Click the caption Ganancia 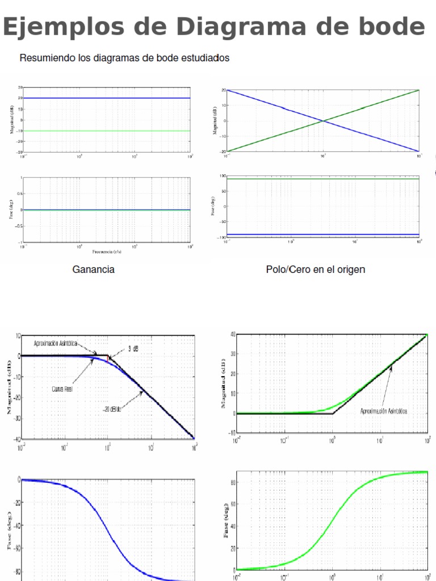[93, 270]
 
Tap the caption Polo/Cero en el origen [315, 270]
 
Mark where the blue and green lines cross [323, 120]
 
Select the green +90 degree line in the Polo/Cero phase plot [323, 179]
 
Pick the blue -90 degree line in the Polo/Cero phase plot [323, 234]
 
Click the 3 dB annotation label [133, 350]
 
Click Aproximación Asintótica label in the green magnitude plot [384, 410]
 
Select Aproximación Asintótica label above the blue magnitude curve [54, 344]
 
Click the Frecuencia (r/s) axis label [106, 251]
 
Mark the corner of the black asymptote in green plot [332, 414]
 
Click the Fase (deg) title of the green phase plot [227, 519]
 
